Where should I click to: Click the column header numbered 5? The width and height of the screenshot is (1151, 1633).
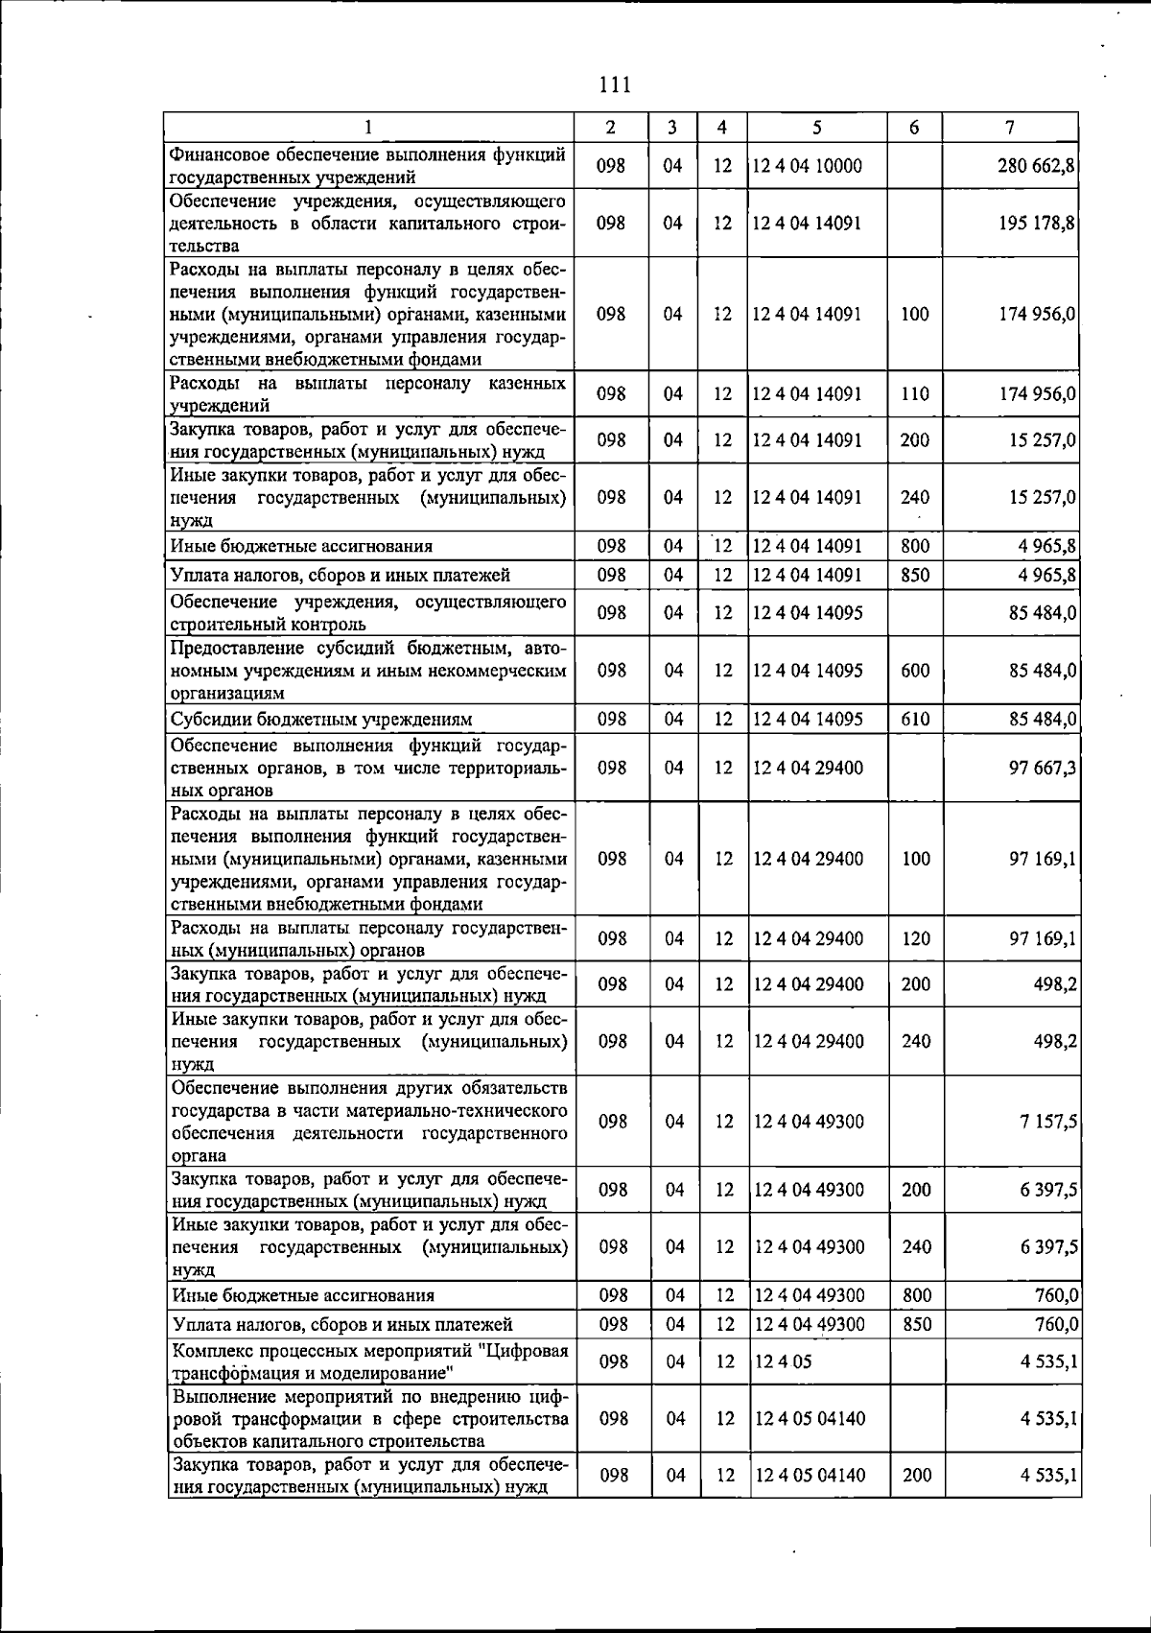(816, 127)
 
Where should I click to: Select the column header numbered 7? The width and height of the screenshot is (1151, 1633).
(1010, 127)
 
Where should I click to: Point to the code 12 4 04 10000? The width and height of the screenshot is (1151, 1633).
(807, 165)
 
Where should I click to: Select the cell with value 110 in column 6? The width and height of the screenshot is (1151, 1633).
(915, 393)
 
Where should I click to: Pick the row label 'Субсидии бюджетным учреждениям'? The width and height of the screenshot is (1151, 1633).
(321, 720)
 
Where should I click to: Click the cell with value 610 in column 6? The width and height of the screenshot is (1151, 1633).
(915, 720)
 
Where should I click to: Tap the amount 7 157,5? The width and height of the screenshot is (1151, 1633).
(1047, 1122)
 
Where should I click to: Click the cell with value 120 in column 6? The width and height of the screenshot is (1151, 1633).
(916, 938)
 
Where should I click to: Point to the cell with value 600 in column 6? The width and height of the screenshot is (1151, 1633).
(915, 670)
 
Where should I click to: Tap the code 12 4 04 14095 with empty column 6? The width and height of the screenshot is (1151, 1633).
(807, 612)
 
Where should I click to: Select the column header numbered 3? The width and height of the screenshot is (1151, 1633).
(672, 127)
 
